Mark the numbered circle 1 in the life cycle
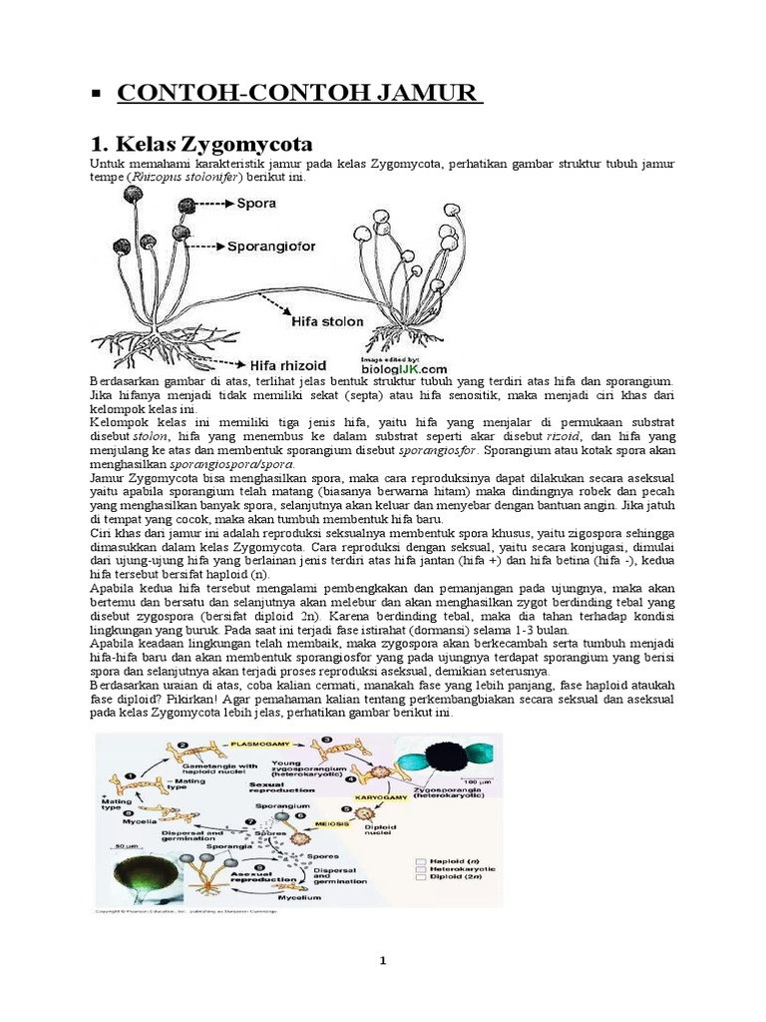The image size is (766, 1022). (x=130, y=776)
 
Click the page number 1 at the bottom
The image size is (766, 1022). (x=382, y=960)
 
